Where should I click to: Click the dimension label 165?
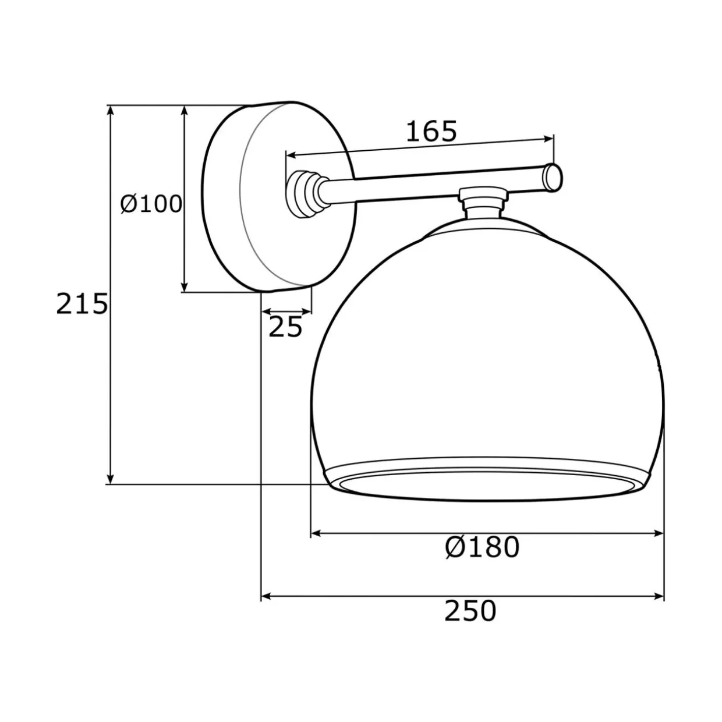click(x=431, y=132)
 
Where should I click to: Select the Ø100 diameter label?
click(x=151, y=205)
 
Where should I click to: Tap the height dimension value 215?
click(x=82, y=304)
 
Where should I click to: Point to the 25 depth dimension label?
click(x=285, y=327)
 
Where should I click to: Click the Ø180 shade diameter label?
click(x=482, y=547)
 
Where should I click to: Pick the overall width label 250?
click(x=470, y=611)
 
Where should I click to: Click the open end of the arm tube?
click(x=553, y=178)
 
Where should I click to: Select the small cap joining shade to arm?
click(x=484, y=202)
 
